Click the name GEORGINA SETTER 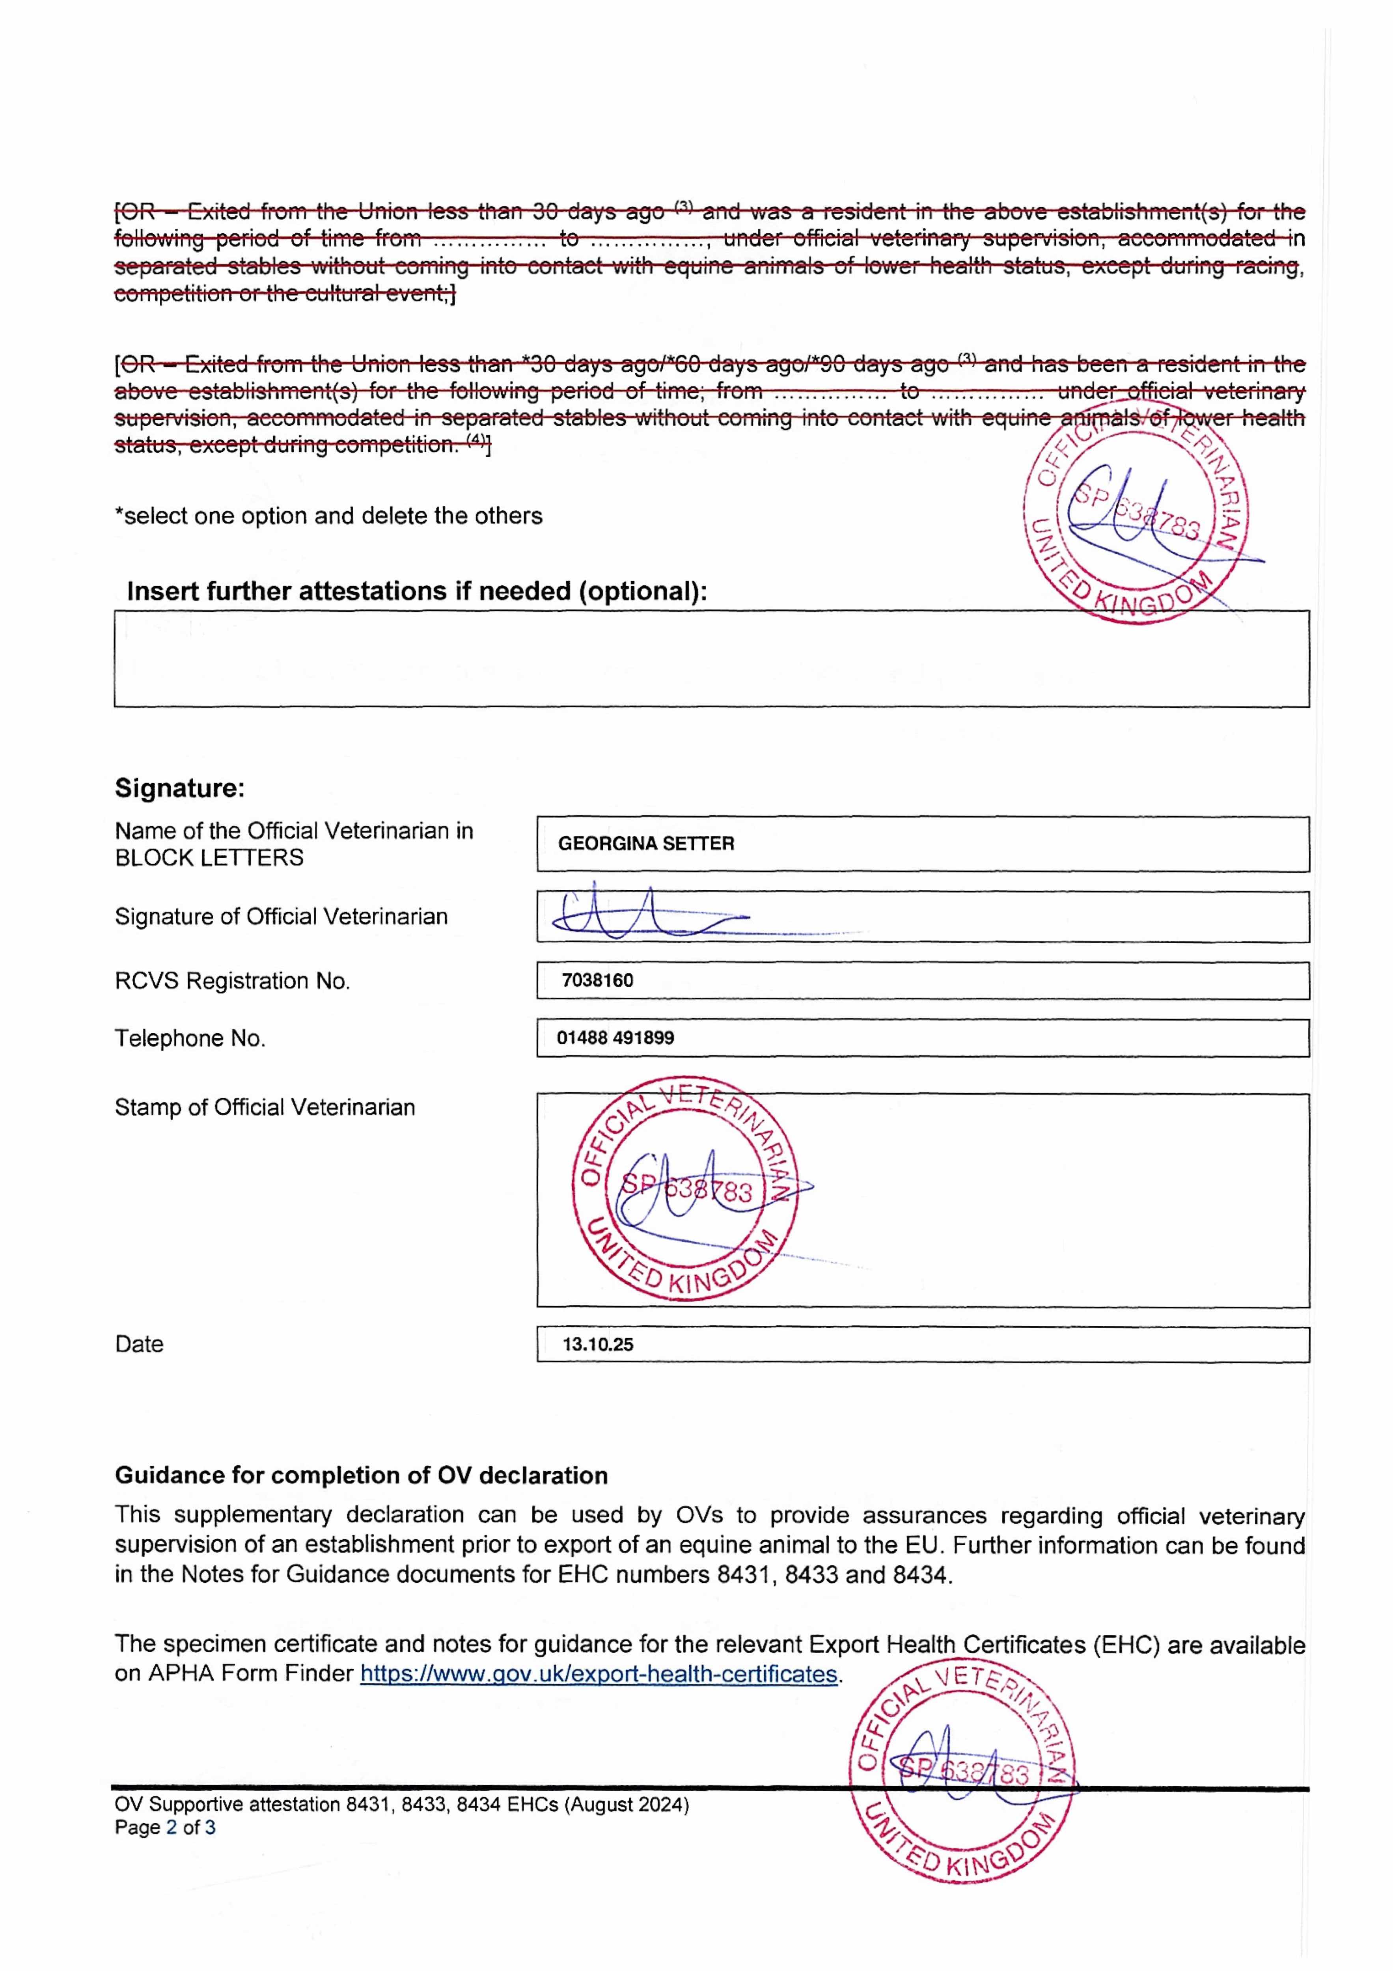point(646,844)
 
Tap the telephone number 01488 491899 point(615,1038)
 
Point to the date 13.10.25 point(598,1344)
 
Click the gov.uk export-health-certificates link point(599,1674)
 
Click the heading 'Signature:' point(179,788)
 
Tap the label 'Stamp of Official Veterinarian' point(265,1107)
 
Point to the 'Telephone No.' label point(190,1039)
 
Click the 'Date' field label point(139,1344)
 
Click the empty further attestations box point(711,659)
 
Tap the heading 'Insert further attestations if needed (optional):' point(416,591)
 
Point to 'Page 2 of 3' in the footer point(165,1828)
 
